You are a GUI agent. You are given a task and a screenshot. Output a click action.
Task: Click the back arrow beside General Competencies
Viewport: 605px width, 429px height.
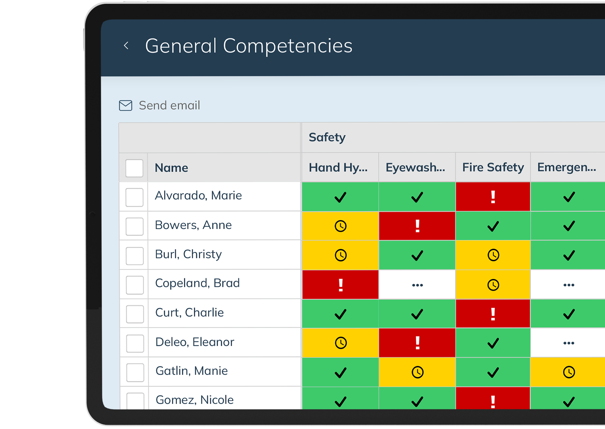(x=126, y=46)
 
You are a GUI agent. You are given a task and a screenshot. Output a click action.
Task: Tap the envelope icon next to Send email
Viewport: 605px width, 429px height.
(x=126, y=105)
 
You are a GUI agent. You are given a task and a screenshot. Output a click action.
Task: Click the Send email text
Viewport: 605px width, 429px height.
(x=169, y=105)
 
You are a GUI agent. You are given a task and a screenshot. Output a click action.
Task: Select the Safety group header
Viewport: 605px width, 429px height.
(x=327, y=137)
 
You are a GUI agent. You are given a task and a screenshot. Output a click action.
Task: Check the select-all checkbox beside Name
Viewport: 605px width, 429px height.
(x=134, y=168)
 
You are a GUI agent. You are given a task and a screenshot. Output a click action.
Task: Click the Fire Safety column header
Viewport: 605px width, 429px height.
(x=493, y=167)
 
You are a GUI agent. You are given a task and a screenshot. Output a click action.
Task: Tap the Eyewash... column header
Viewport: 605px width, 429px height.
(x=415, y=167)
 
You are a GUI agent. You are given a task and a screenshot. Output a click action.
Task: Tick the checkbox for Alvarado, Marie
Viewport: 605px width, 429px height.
(x=134, y=197)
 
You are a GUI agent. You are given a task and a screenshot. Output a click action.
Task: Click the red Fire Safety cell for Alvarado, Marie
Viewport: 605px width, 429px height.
(x=493, y=197)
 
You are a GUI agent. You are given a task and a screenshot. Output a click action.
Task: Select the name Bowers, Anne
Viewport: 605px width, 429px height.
(x=193, y=225)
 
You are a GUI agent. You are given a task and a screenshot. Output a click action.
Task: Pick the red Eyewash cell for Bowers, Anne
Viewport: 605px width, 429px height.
(x=417, y=226)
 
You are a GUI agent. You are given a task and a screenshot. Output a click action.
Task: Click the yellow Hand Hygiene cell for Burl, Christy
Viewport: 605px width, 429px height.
(x=340, y=255)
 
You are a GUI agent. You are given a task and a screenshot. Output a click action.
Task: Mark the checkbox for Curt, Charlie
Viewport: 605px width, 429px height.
(x=135, y=314)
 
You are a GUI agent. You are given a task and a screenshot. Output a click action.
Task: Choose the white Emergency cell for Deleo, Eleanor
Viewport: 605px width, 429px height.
(x=568, y=343)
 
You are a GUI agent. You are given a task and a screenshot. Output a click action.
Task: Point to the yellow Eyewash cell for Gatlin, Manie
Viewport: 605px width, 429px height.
(x=417, y=372)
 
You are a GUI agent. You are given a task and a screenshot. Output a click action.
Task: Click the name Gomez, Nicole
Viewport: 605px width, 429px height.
(x=194, y=400)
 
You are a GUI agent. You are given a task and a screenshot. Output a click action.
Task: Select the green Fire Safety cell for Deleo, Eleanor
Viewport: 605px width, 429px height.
(x=493, y=343)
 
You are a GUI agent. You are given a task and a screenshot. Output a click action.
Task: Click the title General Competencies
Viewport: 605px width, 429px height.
(x=249, y=46)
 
